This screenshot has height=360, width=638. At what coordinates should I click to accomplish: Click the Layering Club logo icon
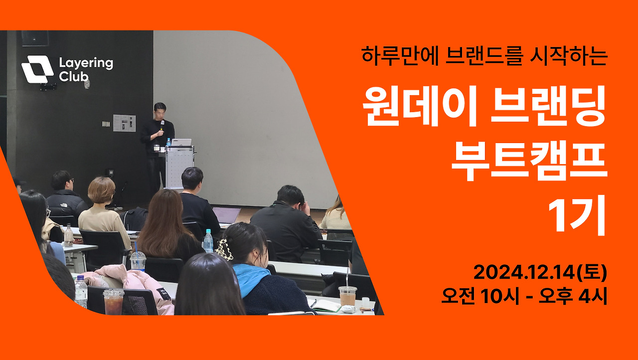pos(37,69)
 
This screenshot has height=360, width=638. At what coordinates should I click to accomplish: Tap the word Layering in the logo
pos(86,63)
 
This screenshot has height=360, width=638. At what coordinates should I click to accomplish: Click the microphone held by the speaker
pos(162,126)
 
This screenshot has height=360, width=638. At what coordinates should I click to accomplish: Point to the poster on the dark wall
pos(124,123)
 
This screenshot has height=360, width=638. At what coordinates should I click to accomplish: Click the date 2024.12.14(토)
pos(540,272)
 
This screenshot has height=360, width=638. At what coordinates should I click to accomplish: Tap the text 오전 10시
pos(480,296)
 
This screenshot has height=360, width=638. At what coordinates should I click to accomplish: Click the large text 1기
pos(577,215)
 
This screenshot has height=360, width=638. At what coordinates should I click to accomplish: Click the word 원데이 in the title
pos(420,106)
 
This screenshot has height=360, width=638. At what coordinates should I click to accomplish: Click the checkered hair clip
pos(224,250)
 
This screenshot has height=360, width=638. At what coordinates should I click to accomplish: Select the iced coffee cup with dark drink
pos(113,301)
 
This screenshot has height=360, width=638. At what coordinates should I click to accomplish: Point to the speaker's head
pos(160,111)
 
